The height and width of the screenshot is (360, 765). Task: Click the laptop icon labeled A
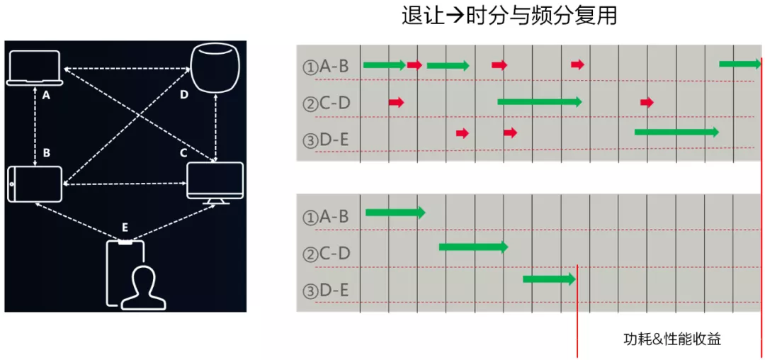click(x=34, y=69)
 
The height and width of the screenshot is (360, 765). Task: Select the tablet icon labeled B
click(x=35, y=184)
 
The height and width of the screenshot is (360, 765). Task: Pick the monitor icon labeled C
click(x=215, y=182)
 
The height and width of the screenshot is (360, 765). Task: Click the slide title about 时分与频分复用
click(x=509, y=16)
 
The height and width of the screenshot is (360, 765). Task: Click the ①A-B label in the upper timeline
click(x=326, y=67)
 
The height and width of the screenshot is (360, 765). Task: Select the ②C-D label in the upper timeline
click(x=326, y=103)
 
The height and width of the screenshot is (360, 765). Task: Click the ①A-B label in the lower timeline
click(x=326, y=217)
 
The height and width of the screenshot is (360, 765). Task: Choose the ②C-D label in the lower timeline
click(x=326, y=254)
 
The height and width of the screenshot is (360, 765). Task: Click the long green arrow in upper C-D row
click(x=539, y=101)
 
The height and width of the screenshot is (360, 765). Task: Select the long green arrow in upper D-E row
click(x=676, y=132)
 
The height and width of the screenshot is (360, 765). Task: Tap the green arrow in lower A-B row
click(x=395, y=212)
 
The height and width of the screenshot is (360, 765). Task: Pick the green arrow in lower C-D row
click(x=473, y=247)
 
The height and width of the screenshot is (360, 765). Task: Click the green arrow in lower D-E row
click(x=549, y=279)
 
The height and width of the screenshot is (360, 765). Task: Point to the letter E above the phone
click(x=125, y=227)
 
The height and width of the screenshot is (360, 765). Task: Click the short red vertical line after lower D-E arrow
click(x=577, y=308)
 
